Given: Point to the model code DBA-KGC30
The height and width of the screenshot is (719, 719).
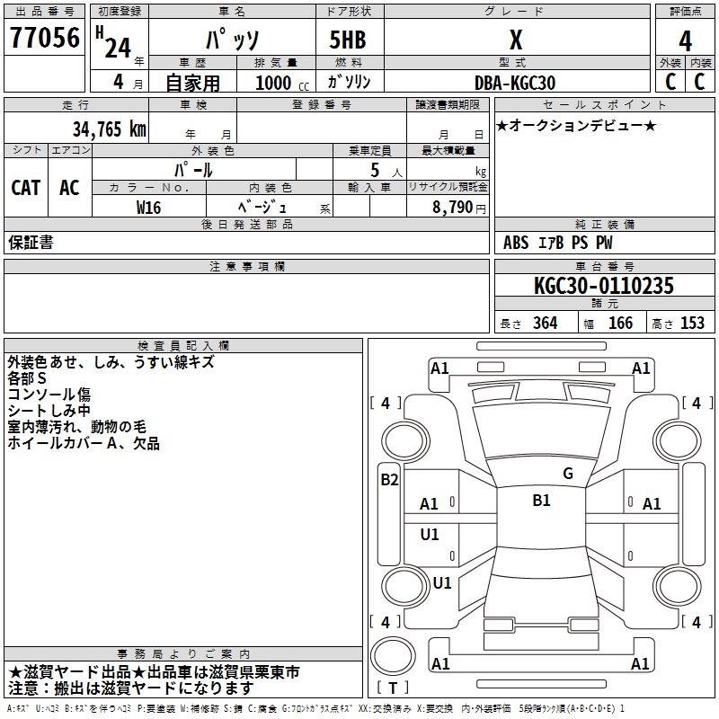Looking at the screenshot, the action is (x=515, y=83).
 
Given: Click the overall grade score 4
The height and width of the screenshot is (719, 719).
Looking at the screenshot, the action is (x=685, y=40).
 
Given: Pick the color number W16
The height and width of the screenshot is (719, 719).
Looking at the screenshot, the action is (x=150, y=207).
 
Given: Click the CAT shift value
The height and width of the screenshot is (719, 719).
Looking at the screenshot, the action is (x=25, y=187).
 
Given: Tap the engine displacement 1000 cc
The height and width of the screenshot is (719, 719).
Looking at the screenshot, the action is (x=280, y=83).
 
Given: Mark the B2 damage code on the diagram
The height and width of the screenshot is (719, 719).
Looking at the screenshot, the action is (x=389, y=480).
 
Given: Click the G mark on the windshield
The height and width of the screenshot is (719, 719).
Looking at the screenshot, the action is (x=568, y=474).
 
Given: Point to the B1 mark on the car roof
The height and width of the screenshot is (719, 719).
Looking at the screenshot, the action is (x=541, y=501).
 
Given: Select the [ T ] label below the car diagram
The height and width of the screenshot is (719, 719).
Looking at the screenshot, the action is (x=393, y=688).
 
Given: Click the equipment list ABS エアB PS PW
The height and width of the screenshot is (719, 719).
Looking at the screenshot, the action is (x=558, y=243).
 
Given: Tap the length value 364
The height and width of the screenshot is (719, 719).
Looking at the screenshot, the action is (x=545, y=324).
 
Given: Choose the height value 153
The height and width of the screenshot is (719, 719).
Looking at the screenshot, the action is (x=692, y=324).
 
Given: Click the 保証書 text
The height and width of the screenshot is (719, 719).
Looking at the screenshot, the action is (x=31, y=243).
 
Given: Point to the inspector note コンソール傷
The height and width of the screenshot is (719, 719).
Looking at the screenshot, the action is (x=49, y=395).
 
